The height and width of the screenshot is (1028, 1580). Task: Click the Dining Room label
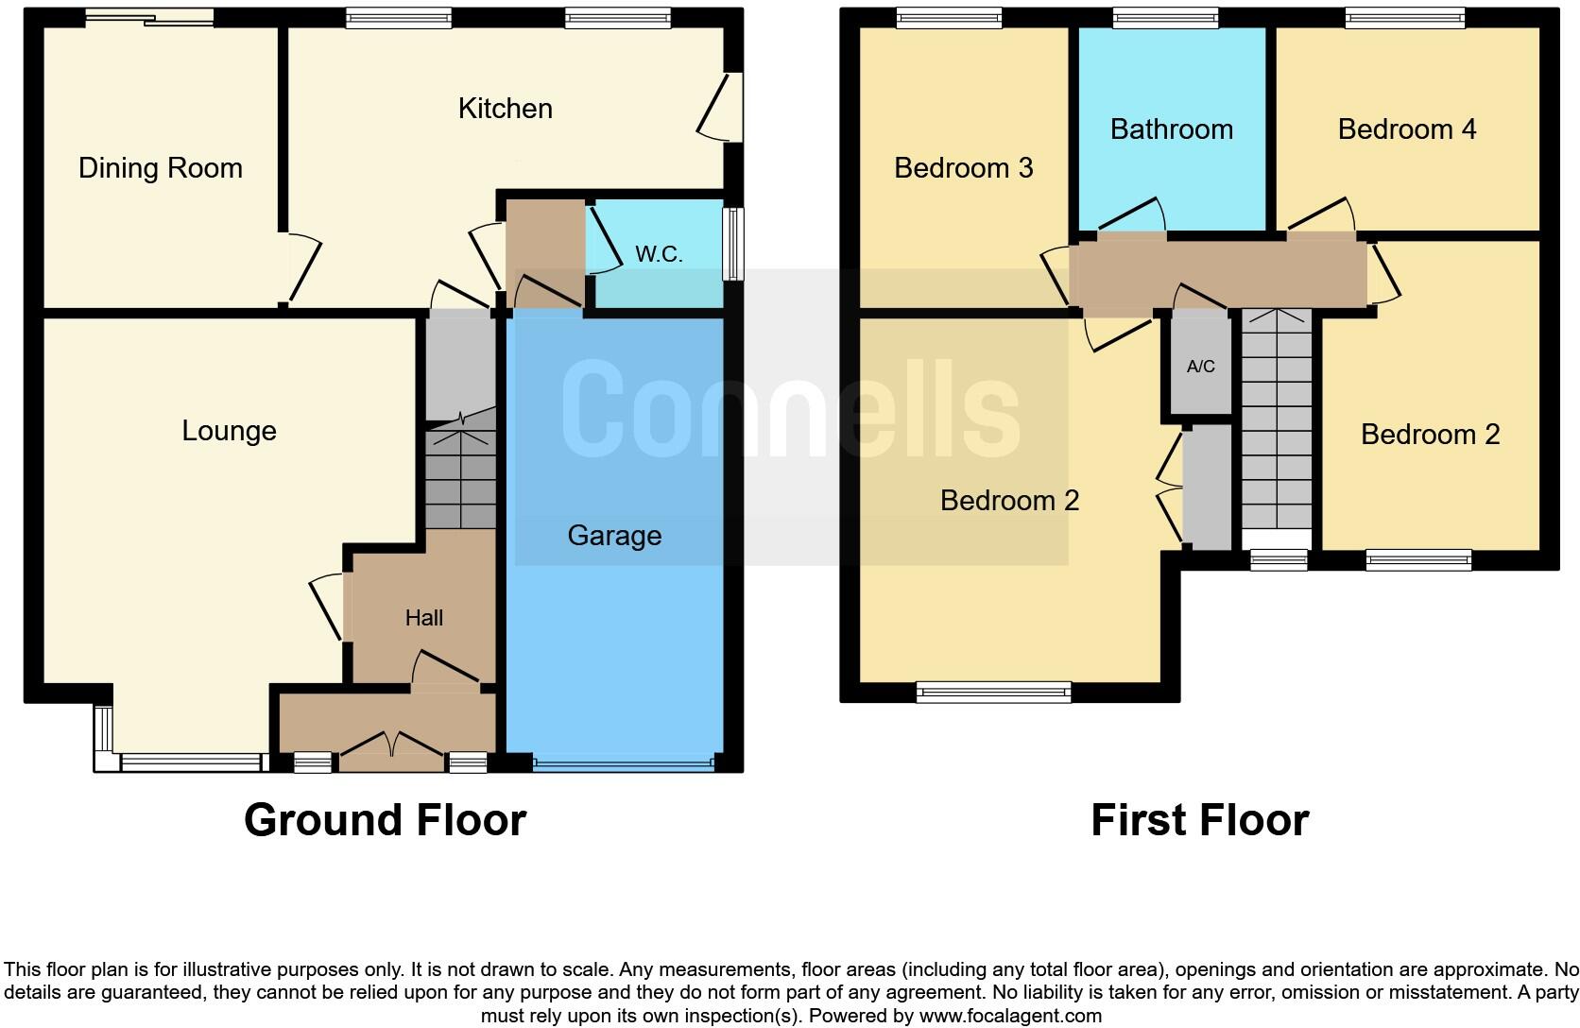160,168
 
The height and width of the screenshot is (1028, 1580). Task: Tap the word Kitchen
505,109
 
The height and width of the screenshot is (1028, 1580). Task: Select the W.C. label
659,254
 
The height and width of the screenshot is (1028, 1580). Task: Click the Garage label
614,536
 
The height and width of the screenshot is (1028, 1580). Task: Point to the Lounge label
229,431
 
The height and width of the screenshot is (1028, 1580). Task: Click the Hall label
423,618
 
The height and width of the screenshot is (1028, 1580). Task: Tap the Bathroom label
1171,129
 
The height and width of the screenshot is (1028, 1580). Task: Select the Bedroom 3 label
963,168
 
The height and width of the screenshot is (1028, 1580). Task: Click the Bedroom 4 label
1406,129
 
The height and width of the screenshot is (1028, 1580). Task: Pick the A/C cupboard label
1200,367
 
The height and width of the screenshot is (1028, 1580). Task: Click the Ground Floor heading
385,819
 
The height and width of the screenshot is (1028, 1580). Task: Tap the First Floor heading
1199,819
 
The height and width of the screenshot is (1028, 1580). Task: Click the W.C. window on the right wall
733,244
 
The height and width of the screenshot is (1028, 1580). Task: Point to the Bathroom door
1130,216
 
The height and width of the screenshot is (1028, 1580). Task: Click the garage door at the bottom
624,762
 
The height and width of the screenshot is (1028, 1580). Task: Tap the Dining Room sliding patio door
148,18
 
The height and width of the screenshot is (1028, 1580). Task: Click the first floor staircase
1276,430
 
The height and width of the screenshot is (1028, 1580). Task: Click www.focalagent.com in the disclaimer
1010,1017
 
